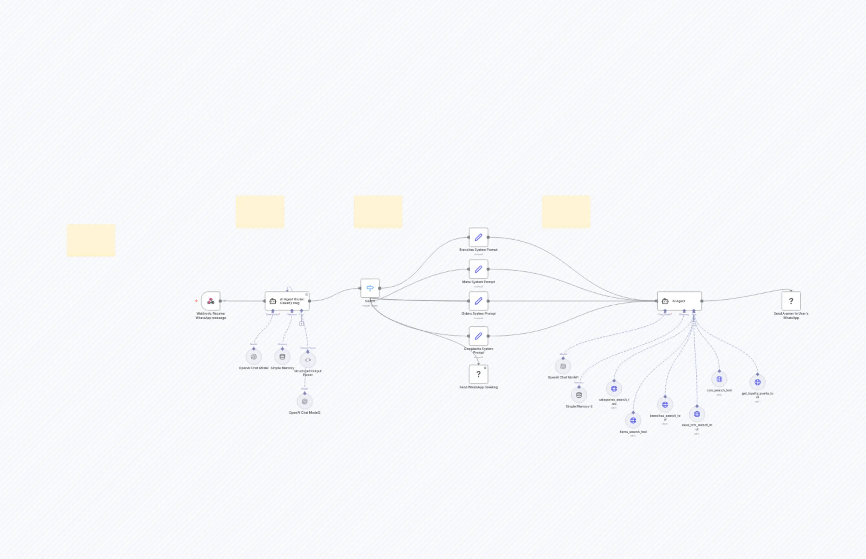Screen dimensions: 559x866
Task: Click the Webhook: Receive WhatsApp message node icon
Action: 211,301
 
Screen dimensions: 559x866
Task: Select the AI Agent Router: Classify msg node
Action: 287,301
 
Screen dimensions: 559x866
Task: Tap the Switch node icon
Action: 370,288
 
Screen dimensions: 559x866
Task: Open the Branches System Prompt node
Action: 478,238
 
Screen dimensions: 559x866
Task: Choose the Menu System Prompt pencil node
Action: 478,269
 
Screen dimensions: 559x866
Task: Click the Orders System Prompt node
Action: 478,301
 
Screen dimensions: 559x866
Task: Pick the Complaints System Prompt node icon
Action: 478,336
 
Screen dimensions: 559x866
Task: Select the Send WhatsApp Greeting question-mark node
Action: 478,374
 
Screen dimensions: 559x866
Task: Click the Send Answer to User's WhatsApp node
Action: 791,301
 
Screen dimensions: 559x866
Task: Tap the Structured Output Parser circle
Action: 308,360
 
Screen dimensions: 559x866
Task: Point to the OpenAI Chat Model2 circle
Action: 304,401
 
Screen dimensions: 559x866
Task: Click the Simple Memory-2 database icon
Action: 579,395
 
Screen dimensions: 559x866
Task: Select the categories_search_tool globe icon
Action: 614,389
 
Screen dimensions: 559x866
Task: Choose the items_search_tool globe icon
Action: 633,420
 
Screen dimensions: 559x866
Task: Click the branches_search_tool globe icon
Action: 665,405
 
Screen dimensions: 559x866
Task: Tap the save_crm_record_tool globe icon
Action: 697,414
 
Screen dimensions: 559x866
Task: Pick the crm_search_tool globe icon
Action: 719,379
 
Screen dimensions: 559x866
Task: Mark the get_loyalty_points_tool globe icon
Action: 758,382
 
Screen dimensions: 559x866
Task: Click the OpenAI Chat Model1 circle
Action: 563,367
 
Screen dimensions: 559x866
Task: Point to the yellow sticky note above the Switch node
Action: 378,212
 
